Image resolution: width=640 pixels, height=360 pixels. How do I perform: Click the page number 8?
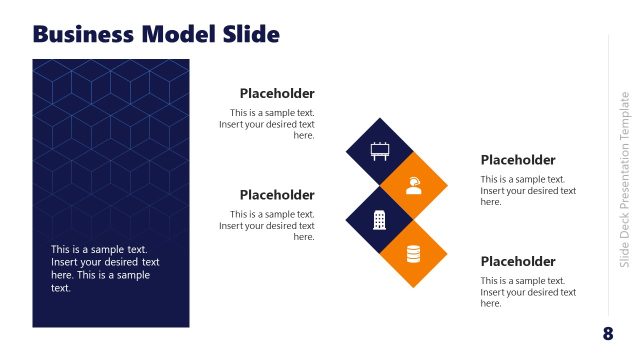coord(608,333)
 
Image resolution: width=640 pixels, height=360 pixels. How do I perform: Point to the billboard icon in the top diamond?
coord(380,152)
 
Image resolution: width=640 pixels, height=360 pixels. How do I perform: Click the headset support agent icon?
coord(413,185)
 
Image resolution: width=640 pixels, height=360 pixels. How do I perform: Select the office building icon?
coord(380,219)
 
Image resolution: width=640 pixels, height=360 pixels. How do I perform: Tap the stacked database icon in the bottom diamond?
coord(413,254)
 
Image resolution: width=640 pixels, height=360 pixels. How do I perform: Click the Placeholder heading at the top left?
coord(277,94)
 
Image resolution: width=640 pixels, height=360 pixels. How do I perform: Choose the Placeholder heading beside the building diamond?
coord(277,195)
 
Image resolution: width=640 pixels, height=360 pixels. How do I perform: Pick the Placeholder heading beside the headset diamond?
coord(517,160)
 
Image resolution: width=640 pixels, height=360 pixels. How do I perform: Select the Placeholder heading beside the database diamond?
coord(517,262)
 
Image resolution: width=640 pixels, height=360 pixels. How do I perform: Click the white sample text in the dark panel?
coord(105,269)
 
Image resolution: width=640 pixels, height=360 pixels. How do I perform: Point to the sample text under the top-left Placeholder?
coord(267,124)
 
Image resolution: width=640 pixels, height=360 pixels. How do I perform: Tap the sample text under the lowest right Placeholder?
coord(528,292)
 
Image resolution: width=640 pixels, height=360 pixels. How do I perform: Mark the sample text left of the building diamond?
coord(267,225)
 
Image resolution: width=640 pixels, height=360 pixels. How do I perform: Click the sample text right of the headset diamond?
coord(528,190)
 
